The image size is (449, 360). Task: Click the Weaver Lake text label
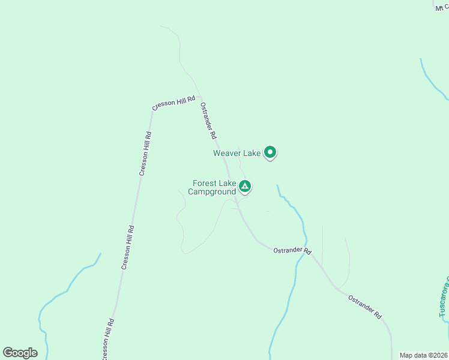coord(237,153)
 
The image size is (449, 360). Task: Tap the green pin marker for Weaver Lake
coord(270,153)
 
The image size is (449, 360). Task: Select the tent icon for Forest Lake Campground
coord(245,186)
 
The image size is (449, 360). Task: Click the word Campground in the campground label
coord(212,192)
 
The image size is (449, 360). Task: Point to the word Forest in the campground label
coord(204,184)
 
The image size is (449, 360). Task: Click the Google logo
coord(20,353)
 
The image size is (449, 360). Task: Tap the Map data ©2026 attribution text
coord(423,355)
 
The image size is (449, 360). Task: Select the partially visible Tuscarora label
coord(443,297)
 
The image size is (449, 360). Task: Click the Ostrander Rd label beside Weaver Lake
coord(208,120)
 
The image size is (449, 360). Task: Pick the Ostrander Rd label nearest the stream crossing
coord(292,250)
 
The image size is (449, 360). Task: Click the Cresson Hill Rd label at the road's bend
coord(174,103)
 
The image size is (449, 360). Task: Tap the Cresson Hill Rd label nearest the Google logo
coord(107,339)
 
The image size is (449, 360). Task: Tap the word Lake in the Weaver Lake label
coord(252,153)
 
